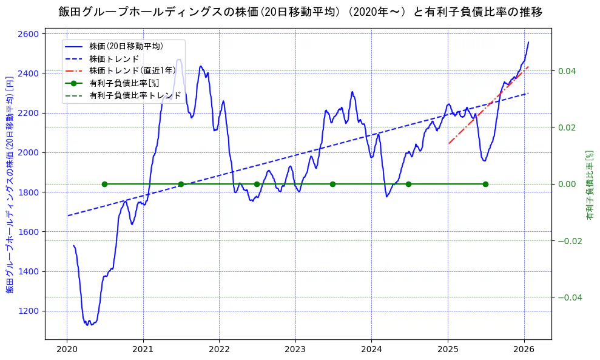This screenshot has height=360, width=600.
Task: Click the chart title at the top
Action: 300,12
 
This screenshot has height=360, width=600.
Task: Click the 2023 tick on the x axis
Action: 295,350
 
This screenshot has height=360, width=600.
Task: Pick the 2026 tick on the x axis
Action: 524,350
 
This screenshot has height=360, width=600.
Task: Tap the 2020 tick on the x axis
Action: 67,350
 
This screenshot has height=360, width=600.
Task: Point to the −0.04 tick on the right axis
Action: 565,297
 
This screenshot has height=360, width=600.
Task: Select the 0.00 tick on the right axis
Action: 567,184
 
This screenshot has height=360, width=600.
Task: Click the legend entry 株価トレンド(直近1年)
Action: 132,70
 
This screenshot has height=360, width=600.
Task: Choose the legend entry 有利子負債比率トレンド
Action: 135,95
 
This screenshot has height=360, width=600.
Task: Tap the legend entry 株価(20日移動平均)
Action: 126,46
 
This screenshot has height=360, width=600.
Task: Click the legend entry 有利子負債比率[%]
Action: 124,83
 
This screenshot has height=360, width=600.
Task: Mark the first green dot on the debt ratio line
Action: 104,184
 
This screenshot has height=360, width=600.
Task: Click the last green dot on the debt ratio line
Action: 485,184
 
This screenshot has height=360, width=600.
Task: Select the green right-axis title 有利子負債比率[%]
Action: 589,185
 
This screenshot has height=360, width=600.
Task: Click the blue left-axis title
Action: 10,185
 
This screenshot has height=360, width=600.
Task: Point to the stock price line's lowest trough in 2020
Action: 88,325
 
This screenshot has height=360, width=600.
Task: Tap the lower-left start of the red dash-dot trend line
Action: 448,144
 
